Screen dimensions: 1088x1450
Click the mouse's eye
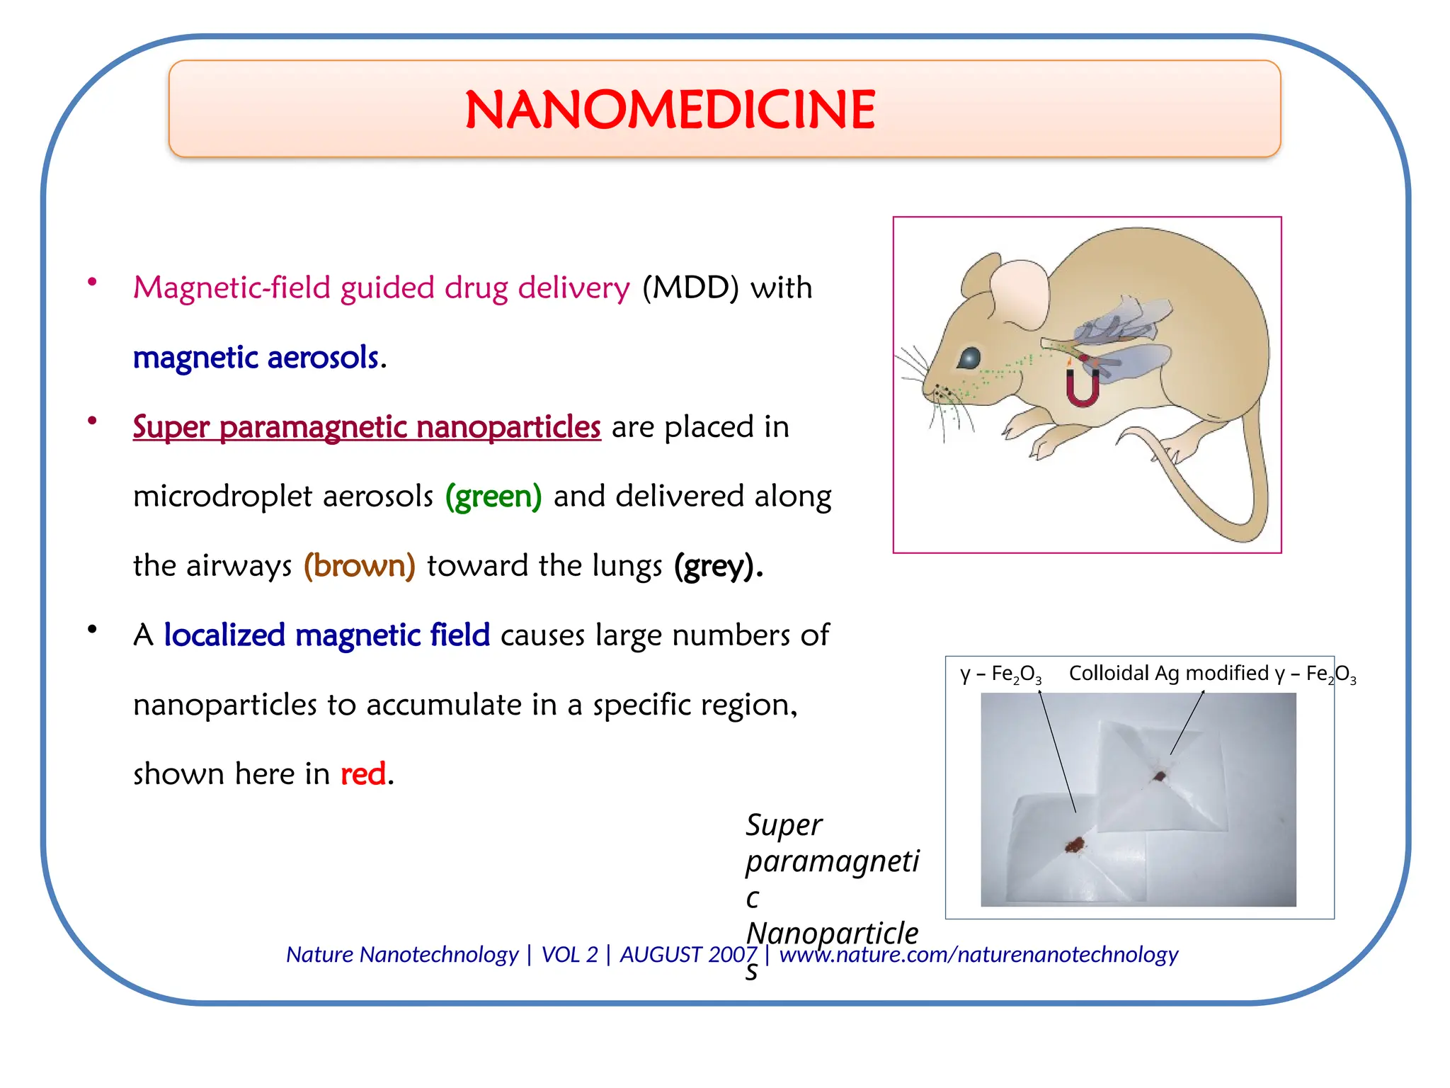tap(969, 358)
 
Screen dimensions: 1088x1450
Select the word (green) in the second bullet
tap(493, 496)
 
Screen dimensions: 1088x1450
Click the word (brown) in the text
tap(359, 565)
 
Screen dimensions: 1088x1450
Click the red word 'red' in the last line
tap(363, 773)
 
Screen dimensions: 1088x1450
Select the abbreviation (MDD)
tap(690, 288)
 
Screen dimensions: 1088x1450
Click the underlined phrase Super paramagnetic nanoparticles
tap(367, 426)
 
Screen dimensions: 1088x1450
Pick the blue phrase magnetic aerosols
tap(256, 357)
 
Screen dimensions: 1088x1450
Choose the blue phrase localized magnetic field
tap(326, 635)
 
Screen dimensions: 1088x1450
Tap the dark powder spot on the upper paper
tap(1159, 776)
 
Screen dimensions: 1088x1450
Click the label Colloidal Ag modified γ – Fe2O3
tap(1211, 674)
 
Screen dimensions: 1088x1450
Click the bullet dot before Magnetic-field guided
tap(92, 282)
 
